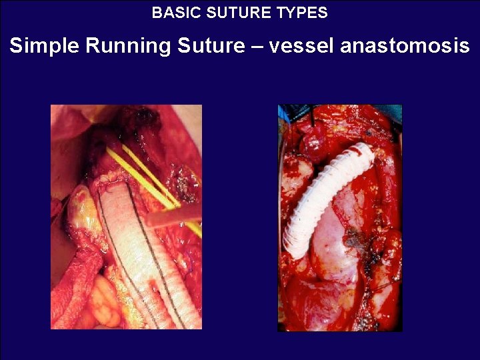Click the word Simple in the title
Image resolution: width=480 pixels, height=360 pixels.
pos(43,47)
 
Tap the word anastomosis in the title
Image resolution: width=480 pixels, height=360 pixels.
pos(405,47)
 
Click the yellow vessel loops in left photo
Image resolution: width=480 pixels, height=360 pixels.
pos(150,177)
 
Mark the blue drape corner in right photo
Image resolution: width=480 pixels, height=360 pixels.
pos(283,113)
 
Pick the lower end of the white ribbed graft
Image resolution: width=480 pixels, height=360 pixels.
pos(293,250)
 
